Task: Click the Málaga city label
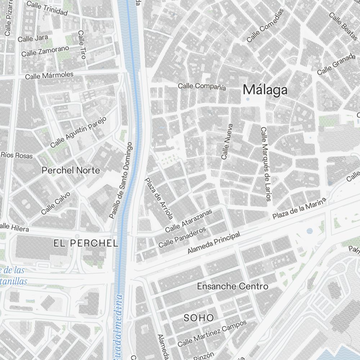tap(265, 90)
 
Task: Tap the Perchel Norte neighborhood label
tap(71, 170)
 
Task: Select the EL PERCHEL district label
tap(86, 243)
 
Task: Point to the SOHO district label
tap(199, 318)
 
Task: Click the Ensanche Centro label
tap(233, 287)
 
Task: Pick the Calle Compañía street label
tap(202, 86)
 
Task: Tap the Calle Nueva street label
tap(227, 142)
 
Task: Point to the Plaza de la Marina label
tap(299, 209)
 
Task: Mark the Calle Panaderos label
tap(182, 237)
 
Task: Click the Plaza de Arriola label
tap(159, 198)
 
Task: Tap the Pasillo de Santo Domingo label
tap(121, 181)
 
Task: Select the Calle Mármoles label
tap(49, 76)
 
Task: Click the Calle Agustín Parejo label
tap(78, 132)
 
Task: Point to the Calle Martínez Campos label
tap(212, 333)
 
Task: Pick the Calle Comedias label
tap(265, 26)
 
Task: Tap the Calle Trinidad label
tap(47, 9)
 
